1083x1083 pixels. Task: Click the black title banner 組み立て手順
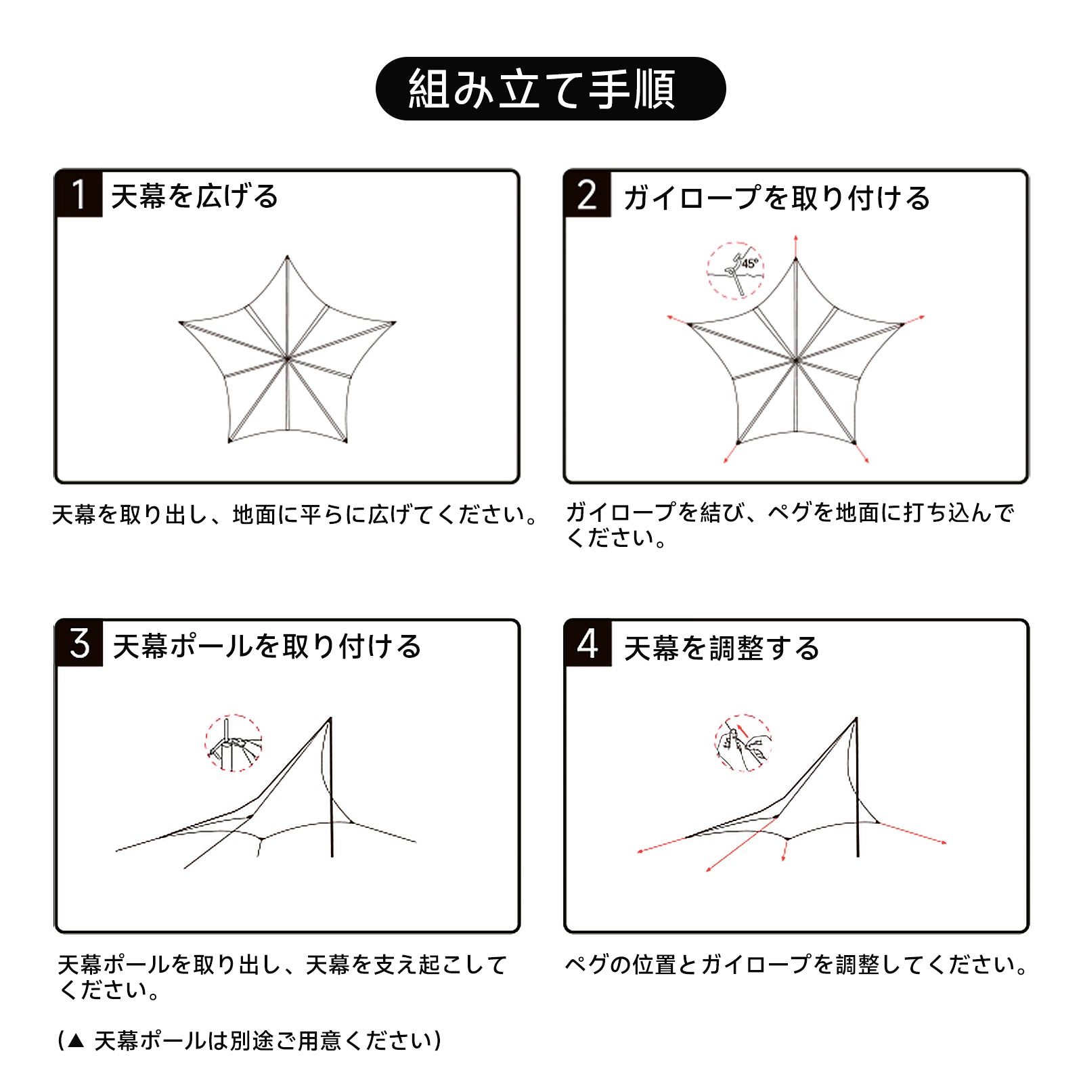[x=550, y=89]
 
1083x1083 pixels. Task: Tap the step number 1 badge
[x=79, y=194]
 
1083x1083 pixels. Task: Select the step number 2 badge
[x=588, y=194]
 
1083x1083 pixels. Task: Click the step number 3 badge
[x=80, y=644]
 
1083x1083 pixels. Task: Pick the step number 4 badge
[x=588, y=644]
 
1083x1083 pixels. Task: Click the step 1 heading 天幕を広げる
[x=195, y=196]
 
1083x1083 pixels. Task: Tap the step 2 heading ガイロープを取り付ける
[x=776, y=198]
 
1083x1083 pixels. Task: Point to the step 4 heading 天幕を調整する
[x=722, y=648]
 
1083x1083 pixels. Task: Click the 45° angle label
[x=750, y=263]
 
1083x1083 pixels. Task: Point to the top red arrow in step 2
[x=796, y=247]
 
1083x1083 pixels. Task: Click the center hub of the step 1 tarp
[x=288, y=358]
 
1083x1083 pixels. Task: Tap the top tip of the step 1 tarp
[x=288, y=257]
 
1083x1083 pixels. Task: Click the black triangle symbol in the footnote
[x=76, y=1041]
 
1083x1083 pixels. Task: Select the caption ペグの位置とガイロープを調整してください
[x=796, y=965]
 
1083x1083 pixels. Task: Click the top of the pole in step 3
[x=331, y=719]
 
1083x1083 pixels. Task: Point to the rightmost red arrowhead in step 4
[x=944, y=843]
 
